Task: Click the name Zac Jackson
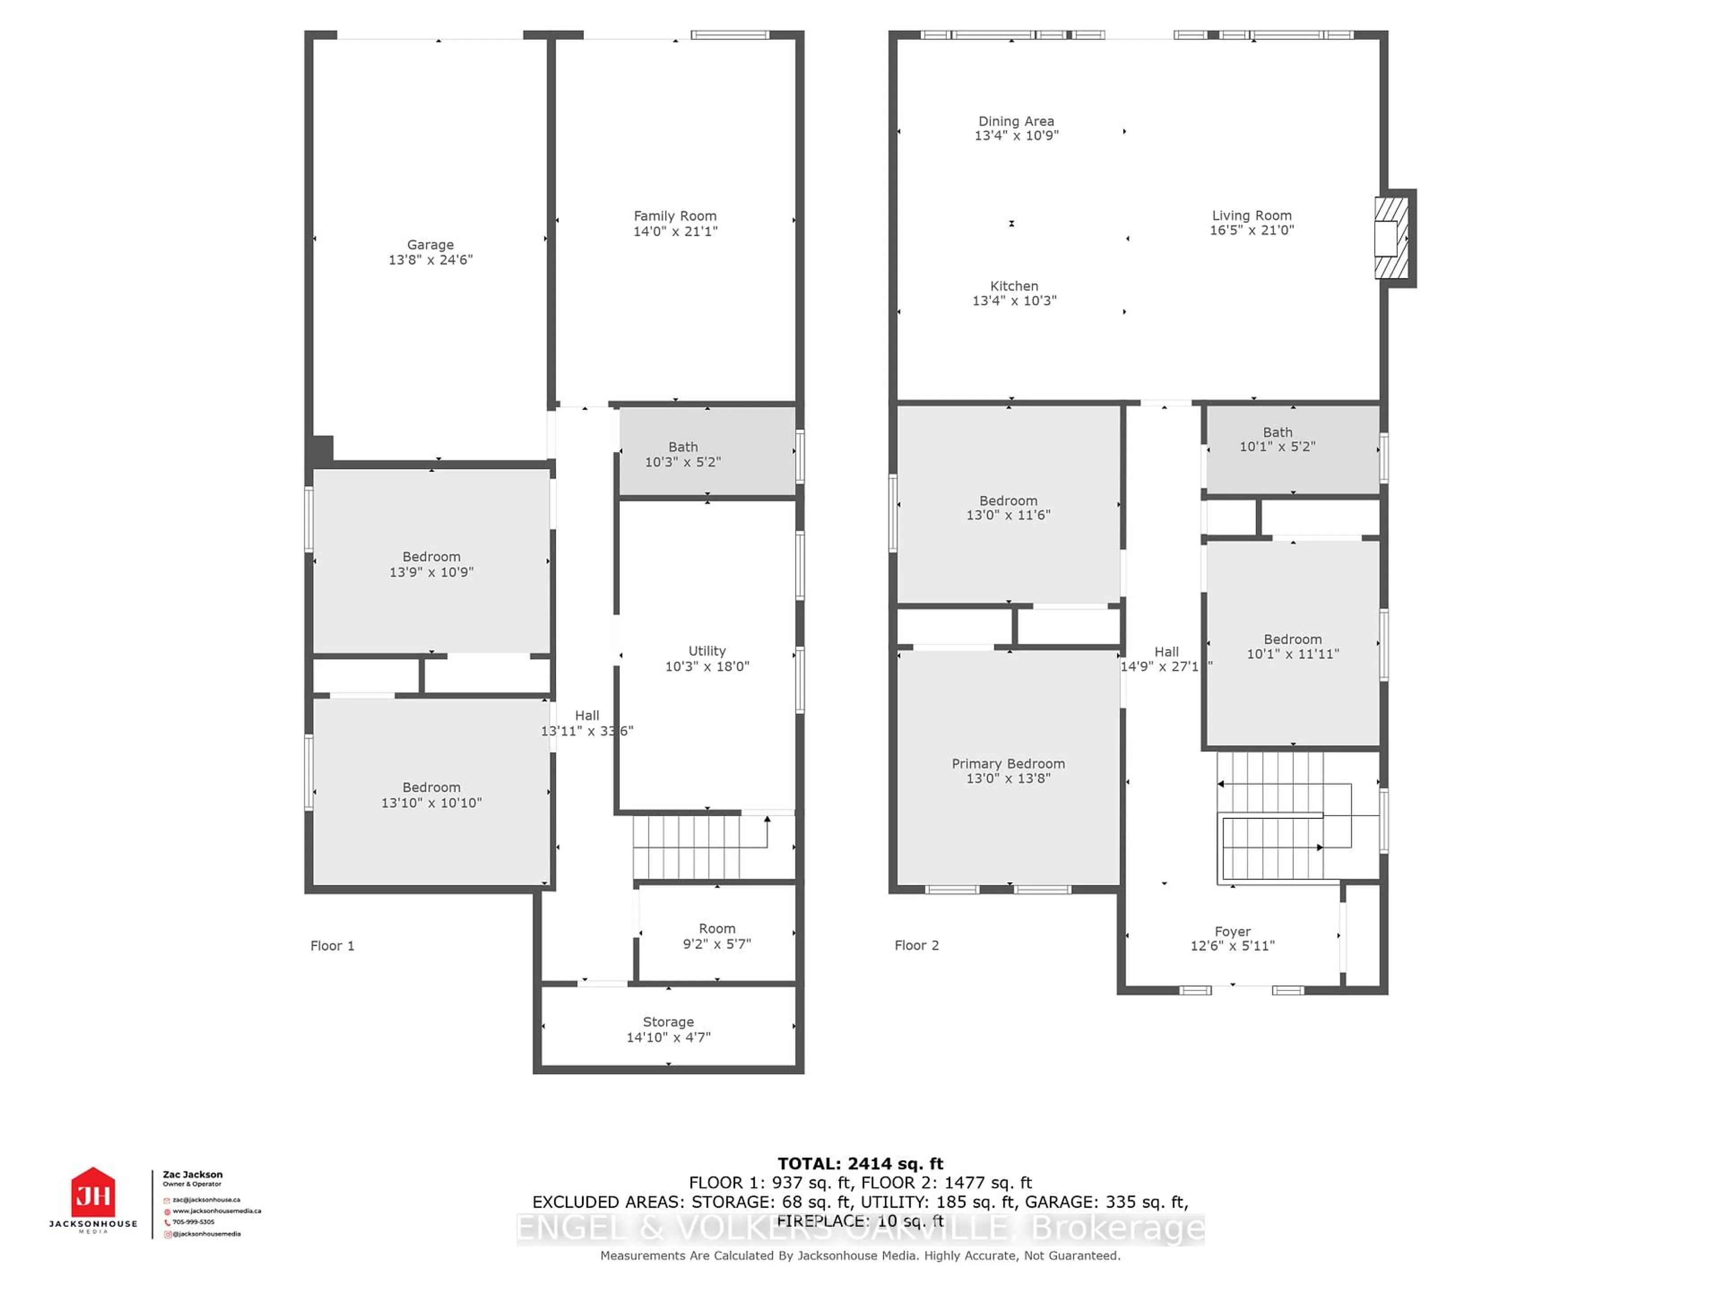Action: coord(192,1174)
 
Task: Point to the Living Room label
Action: coord(1251,216)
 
